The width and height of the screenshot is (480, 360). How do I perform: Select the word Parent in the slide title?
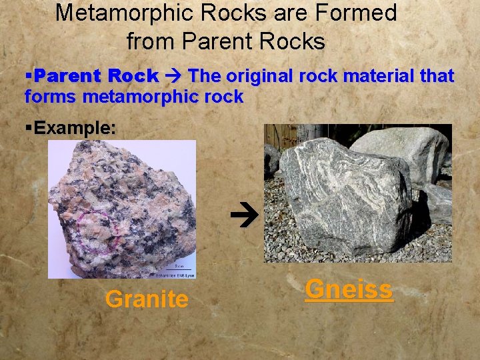[217, 41]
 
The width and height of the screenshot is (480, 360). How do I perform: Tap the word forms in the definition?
[51, 97]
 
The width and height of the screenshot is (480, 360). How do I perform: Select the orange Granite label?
[147, 299]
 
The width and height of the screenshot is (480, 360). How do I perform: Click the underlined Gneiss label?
[349, 289]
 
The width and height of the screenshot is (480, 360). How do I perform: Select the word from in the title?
[151, 41]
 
